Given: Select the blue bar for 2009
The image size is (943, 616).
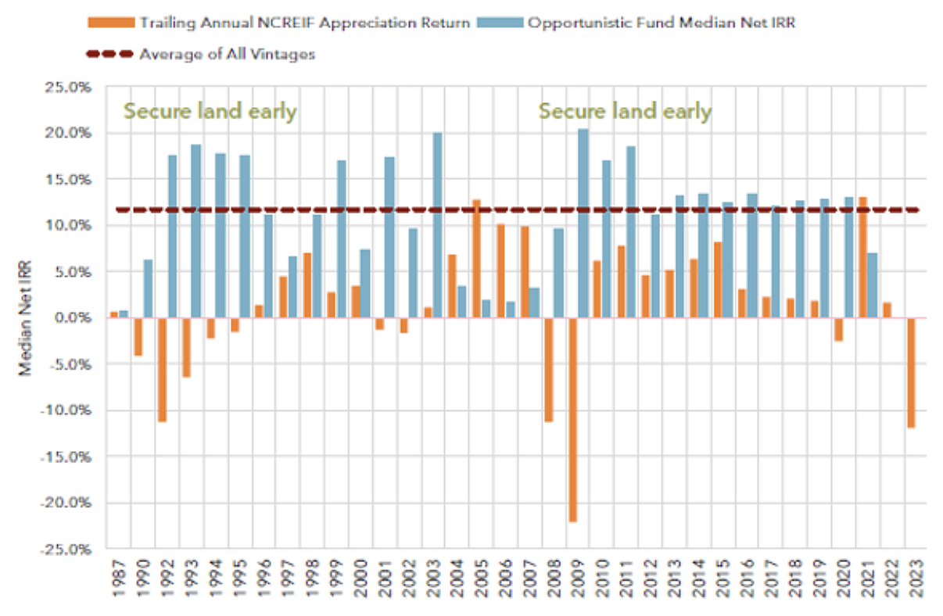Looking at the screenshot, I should [x=583, y=224].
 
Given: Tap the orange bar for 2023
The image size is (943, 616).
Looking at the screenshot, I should [x=910, y=372].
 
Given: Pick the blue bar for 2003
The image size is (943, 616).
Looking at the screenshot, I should [x=437, y=225].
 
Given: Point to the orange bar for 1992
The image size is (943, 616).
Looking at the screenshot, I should [x=162, y=369].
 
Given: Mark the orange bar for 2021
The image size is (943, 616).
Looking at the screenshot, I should [x=862, y=257].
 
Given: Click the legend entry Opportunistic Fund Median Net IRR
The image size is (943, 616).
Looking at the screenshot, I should [x=661, y=23].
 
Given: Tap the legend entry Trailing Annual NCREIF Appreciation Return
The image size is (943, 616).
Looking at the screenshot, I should [x=305, y=23].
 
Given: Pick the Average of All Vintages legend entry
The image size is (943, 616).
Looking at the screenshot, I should [x=227, y=54].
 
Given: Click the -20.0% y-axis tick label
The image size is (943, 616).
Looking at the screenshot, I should [x=67, y=503].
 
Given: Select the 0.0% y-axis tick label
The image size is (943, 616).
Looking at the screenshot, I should [x=73, y=318].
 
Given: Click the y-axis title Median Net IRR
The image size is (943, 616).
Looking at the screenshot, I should [x=27, y=318].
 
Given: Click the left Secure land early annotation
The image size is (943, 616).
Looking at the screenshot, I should [x=210, y=111].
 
